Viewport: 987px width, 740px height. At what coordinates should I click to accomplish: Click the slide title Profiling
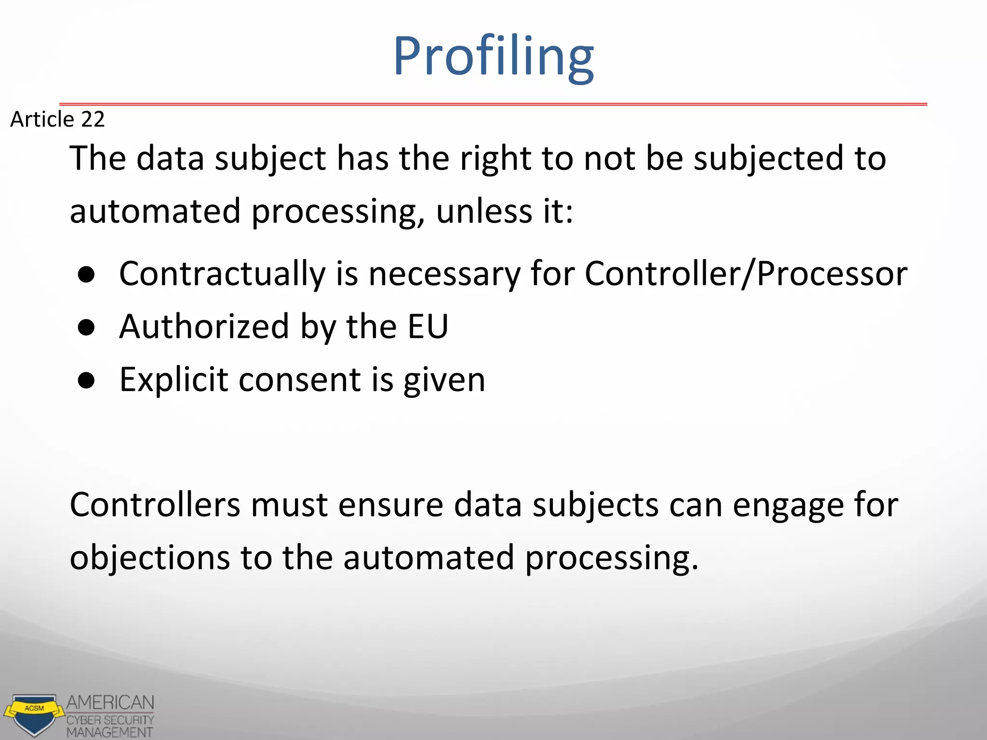[x=493, y=57]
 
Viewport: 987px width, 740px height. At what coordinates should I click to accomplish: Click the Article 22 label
[x=57, y=119]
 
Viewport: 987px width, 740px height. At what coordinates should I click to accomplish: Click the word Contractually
[x=222, y=274]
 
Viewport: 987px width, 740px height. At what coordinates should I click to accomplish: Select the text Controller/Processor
[x=746, y=274]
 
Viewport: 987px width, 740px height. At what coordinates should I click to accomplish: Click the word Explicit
[x=173, y=380]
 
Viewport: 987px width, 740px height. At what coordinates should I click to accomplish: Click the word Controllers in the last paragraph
[x=155, y=505]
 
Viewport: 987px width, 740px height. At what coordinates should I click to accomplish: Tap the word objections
[x=150, y=558]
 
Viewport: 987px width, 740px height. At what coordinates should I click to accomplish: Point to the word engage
[x=788, y=506]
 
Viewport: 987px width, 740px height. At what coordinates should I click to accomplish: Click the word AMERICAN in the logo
[x=110, y=703]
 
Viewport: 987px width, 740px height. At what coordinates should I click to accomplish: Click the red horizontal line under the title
[x=493, y=104]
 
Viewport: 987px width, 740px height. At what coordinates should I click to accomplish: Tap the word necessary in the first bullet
[x=444, y=274]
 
